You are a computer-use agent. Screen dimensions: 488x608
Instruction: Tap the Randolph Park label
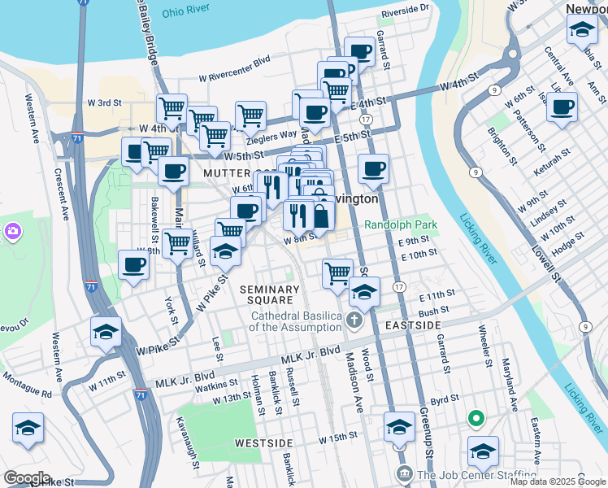tap(401, 224)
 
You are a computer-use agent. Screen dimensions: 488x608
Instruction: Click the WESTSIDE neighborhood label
tap(263, 442)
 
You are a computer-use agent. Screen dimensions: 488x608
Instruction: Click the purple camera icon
tap(12, 233)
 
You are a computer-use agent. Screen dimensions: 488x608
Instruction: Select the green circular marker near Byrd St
tap(476, 420)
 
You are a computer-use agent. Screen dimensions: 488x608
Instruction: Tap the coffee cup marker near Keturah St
tap(562, 107)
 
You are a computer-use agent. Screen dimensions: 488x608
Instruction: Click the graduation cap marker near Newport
tap(582, 31)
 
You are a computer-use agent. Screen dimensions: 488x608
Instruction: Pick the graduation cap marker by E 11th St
tap(364, 291)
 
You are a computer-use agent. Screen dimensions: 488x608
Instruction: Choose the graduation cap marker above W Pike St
tap(106, 333)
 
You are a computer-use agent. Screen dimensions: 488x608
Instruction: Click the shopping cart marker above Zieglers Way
tap(250, 115)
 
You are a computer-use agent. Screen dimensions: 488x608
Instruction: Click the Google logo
tap(27, 478)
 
